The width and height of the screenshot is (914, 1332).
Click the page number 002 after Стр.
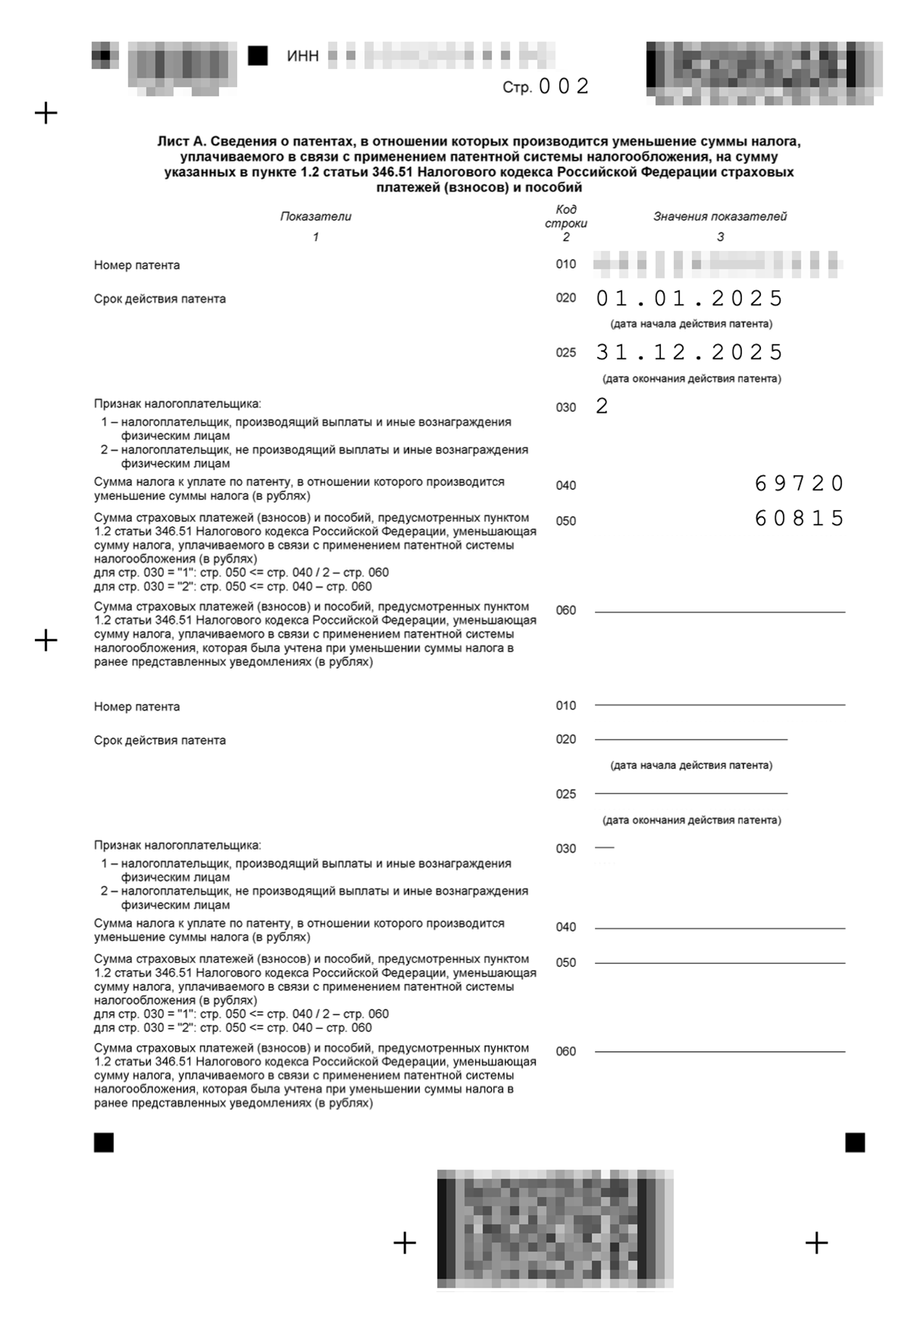564,87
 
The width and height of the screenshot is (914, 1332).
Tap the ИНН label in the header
302,56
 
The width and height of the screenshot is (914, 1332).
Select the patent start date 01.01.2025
689,298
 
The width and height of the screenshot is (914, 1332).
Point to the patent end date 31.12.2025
689,353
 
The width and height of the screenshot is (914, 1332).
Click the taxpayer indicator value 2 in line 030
601,406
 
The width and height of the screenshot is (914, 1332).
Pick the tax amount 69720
799,483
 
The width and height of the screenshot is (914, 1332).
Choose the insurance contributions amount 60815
799,518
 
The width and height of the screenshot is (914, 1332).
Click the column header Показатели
316,216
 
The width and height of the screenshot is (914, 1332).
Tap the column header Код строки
566,216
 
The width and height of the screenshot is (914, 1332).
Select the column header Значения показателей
720,216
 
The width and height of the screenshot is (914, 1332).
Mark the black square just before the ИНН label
258,56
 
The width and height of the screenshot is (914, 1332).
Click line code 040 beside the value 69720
566,485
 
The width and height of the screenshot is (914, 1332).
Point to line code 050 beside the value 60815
566,521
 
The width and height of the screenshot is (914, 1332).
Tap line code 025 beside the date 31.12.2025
566,353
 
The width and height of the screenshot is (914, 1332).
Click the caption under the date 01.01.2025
691,324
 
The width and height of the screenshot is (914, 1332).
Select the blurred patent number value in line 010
718,264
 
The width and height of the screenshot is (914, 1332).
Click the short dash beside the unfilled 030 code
604,847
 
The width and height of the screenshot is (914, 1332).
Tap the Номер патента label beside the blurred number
136,265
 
